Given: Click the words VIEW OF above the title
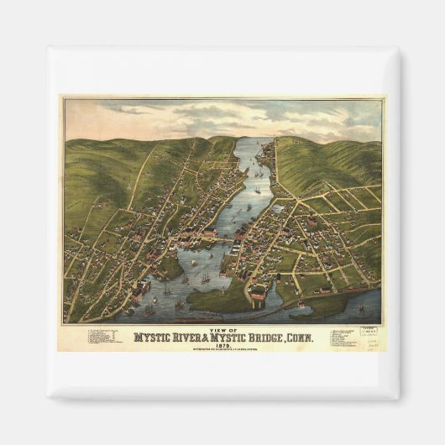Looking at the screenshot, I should click(222, 330).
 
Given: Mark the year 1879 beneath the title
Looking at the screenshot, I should click(222, 344).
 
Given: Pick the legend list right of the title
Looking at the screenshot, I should click(346, 338).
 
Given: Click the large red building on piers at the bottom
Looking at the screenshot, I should click(259, 295).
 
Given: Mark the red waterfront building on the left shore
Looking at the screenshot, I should click(138, 293).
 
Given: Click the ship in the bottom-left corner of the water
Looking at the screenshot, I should click(149, 310).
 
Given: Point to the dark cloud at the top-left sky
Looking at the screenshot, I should click(126, 108).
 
